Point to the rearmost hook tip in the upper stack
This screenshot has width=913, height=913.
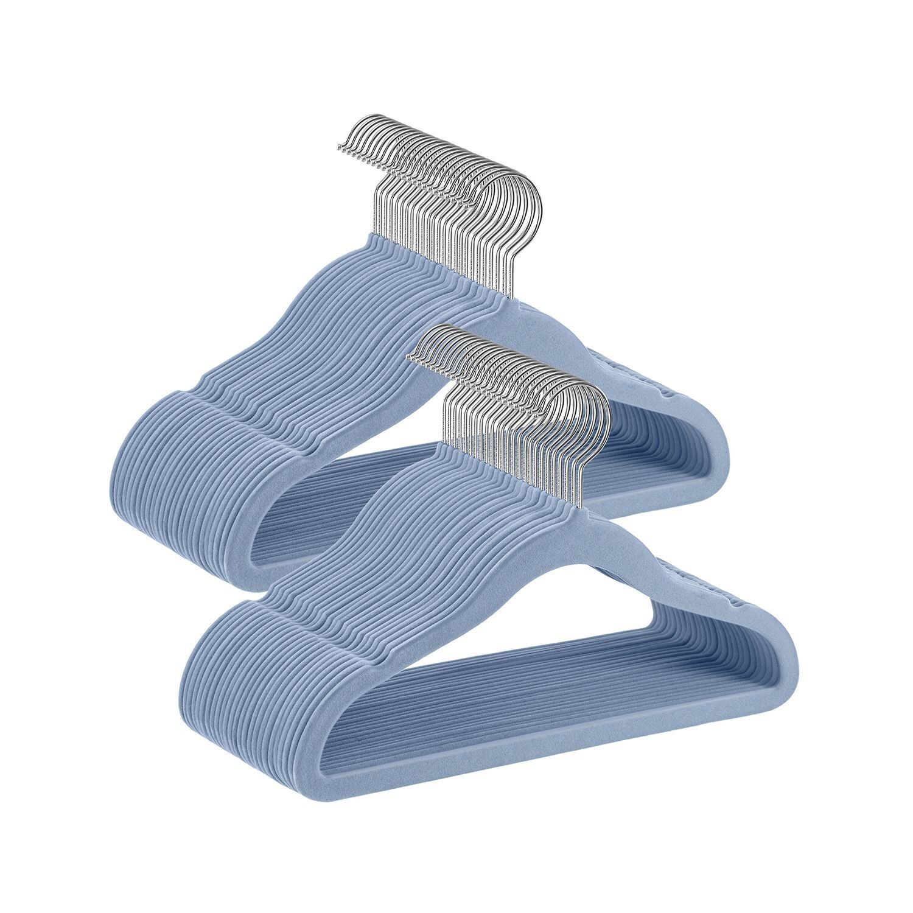pyautogui.click(x=338, y=146)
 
